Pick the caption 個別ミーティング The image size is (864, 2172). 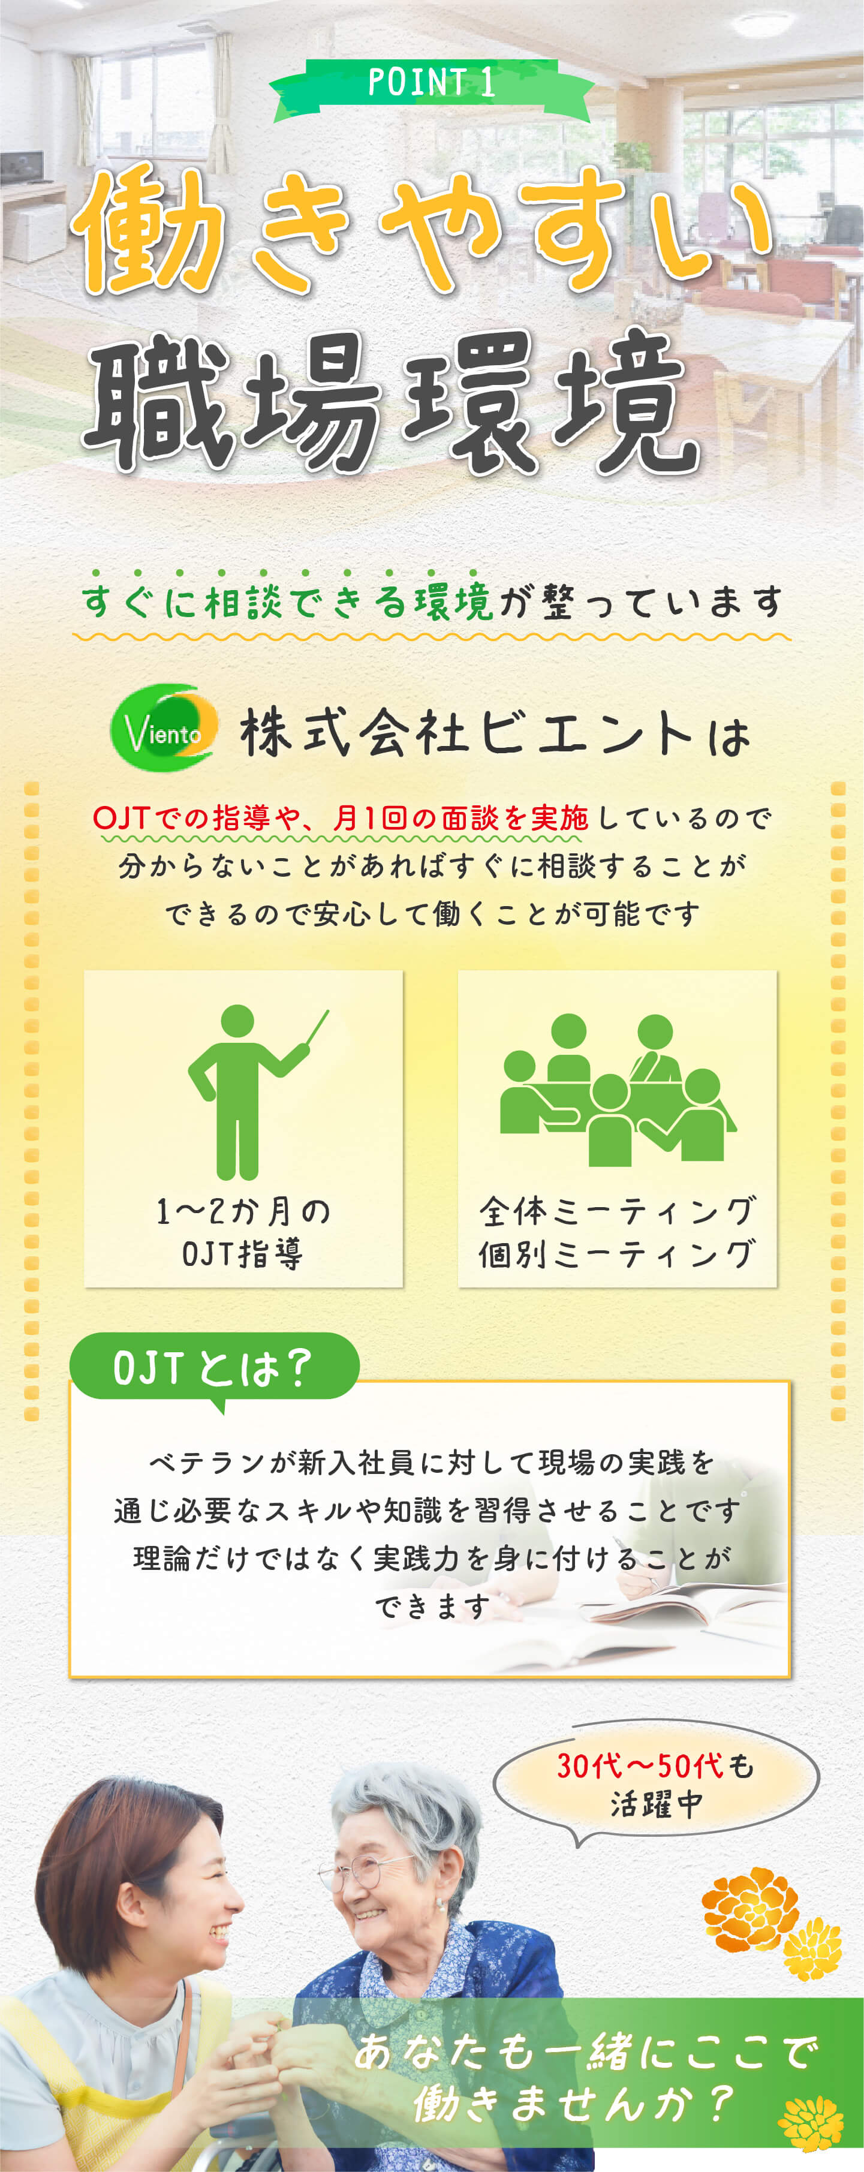point(618,1254)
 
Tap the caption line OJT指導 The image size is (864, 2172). point(243,1254)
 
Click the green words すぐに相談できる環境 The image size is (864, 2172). point(287,602)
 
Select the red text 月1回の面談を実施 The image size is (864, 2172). point(460,818)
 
